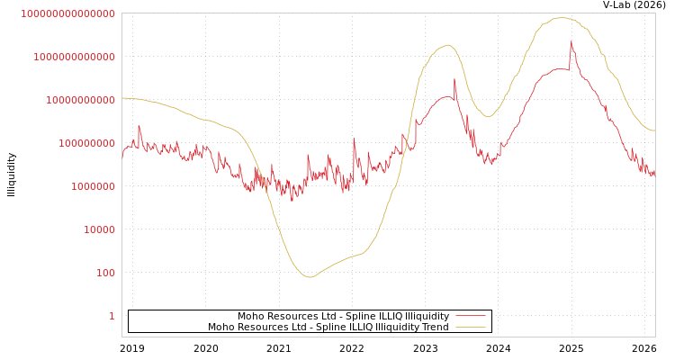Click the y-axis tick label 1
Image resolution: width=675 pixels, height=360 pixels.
[x=112, y=316]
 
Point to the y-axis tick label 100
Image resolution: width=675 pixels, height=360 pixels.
[x=105, y=273]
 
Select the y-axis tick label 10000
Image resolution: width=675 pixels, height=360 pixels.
[x=99, y=229]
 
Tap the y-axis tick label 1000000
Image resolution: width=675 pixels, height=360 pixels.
[x=93, y=186]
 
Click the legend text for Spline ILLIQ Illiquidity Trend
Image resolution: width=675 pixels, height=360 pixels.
[x=328, y=327]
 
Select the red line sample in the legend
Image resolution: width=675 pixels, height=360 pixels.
[x=470, y=316]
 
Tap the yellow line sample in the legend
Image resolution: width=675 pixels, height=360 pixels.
[x=470, y=327]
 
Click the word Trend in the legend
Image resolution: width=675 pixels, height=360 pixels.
[x=435, y=327]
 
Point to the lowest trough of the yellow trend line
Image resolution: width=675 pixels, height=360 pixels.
[x=310, y=277]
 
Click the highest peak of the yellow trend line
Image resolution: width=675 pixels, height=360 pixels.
[x=562, y=18]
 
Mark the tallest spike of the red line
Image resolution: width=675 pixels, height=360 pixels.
[x=571, y=40]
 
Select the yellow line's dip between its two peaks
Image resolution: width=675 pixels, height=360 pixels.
[x=488, y=117]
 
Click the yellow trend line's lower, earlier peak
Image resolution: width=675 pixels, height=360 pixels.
[x=447, y=45]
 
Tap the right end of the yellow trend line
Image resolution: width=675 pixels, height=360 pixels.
[x=654, y=131]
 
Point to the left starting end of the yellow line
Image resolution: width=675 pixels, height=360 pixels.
[x=122, y=98]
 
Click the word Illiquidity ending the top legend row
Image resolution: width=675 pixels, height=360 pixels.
[x=427, y=316]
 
